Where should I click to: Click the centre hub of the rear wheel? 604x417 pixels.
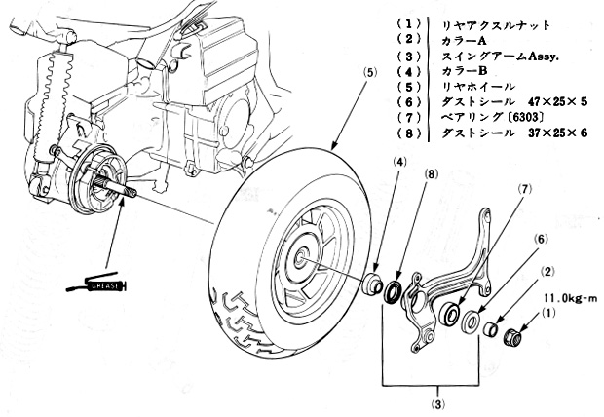pos(304,260)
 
